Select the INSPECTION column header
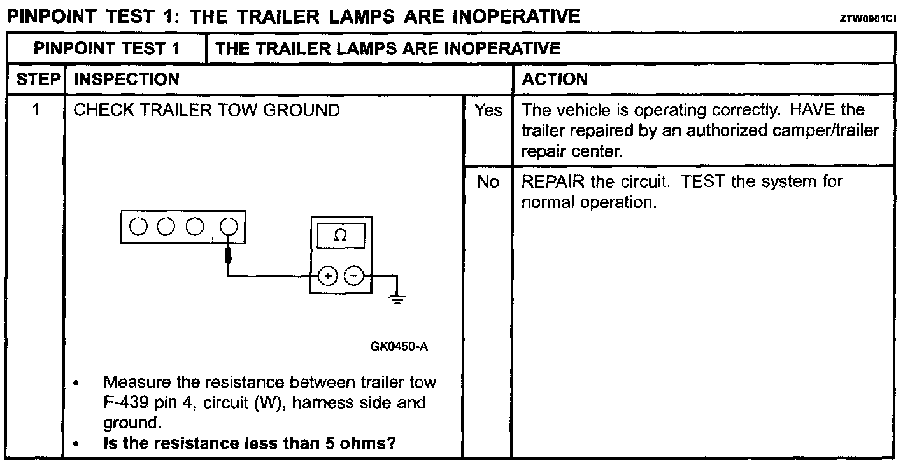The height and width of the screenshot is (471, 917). pyautogui.click(x=127, y=80)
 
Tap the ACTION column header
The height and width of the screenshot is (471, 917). pyautogui.click(x=554, y=80)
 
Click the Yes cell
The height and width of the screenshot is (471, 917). pyautogui.click(x=488, y=111)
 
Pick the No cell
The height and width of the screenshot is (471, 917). pyautogui.click(x=488, y=182)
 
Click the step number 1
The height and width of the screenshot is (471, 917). pyautogui.click(x=36, y=111)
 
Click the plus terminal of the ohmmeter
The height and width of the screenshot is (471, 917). pyautogui.click(x=328, y=276)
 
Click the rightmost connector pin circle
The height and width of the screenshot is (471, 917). pyautogui.click(x=229, y=226)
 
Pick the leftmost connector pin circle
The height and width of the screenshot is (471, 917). pyautogui.click(x=136, y=226)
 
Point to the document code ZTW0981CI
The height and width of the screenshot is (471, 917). pyautogui.click(x=868, y=19)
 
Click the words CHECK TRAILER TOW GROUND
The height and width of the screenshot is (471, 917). pyautogui.click(x=207, y=111)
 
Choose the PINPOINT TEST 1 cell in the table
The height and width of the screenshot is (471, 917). pyautogui.click(x=106, y=48)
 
